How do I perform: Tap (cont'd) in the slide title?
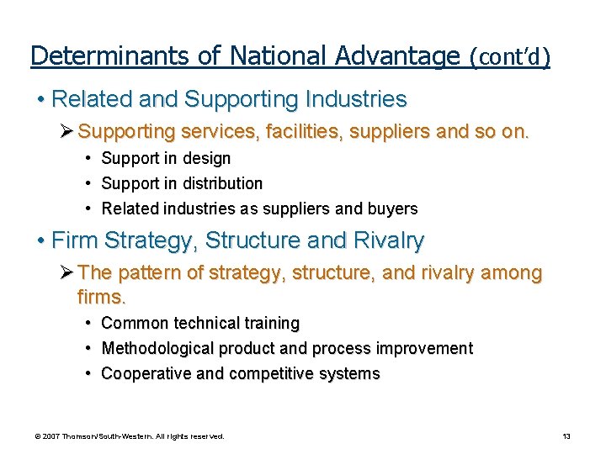510,56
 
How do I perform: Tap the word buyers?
395,209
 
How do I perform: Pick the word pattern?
145,273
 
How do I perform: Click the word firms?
101,297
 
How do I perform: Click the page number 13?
566,436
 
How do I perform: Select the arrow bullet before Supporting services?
66,132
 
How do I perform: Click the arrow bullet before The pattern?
66,273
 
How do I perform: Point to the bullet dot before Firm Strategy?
41,241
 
